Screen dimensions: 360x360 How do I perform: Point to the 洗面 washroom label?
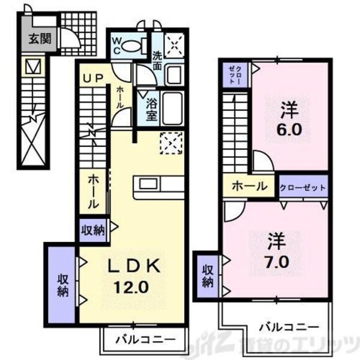157,60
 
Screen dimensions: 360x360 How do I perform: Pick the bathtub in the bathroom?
172,108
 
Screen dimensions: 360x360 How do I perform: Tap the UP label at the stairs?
94,79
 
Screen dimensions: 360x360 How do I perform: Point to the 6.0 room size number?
290,130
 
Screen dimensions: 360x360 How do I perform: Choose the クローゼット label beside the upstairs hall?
303,187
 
